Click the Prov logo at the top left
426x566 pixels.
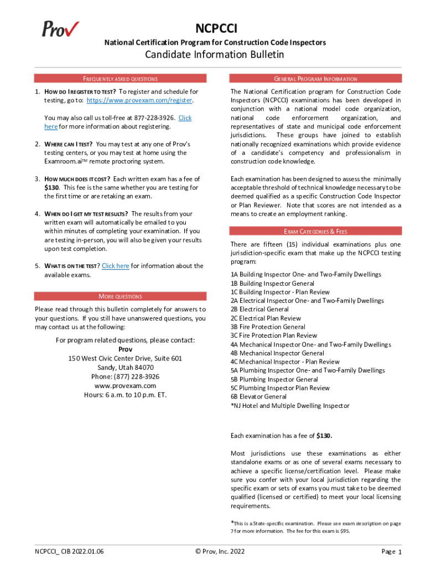coord(60,28)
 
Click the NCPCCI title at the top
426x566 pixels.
coord(216,29)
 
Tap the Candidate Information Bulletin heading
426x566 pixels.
coord(215,54)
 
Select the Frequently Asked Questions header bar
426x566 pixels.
coord(120,78)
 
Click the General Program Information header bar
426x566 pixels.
coord(316,78)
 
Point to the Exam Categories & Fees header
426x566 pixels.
coord(316,231)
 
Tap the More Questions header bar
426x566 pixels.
coord(120,296)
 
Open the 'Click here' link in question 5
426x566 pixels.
coord(116,266)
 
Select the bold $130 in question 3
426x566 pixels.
coord(52,187)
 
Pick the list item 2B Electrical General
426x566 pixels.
coord(259,309)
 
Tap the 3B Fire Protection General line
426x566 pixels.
coord(268,327)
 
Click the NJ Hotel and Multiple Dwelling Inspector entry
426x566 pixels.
coord(290,406)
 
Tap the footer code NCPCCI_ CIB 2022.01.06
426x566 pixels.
coord(69,551)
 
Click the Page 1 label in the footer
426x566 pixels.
coord(391,552)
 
